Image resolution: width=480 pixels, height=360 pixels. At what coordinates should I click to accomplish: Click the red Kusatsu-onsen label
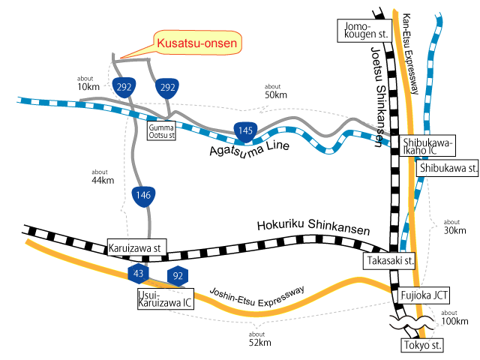(198, 44)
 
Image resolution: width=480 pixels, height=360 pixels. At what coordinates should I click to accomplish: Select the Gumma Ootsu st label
(161, 133)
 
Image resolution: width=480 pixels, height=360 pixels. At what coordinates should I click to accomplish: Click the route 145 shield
(245, 131)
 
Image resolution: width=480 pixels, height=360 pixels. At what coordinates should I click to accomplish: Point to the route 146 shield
(143, 196)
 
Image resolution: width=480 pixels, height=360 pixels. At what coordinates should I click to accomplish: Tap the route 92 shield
(178, 275)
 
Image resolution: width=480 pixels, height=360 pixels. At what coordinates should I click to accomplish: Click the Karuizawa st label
(135, 248)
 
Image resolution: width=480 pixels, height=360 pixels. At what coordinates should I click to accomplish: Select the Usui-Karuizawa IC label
(164, 299)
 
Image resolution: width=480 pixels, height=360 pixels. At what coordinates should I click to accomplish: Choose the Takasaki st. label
(389, 260)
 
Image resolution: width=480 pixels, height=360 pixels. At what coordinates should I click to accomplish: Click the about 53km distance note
(276, 91)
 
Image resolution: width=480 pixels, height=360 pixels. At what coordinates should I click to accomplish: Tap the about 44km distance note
(101, 175)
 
